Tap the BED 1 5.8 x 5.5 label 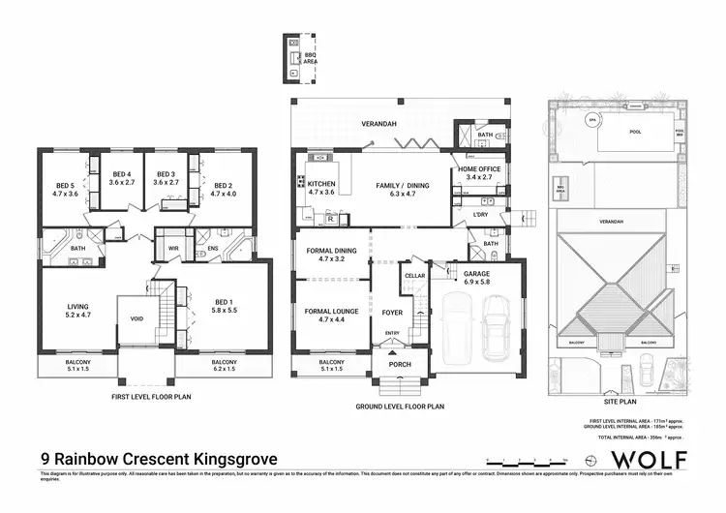(x=227, y=310)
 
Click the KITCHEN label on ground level (x=319, y=187)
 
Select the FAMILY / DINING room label (x=395, y=187)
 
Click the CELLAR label (x=414, y=276)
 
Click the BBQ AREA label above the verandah (x=311, y=58)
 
